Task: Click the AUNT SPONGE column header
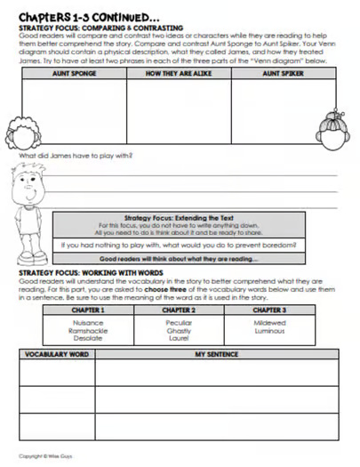(74, 74)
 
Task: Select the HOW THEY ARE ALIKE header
(179, 74)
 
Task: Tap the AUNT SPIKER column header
(284, 74)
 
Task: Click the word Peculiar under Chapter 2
(179, 322)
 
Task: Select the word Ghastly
(179, 330)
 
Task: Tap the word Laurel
(179, 338)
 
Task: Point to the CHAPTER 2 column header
(179, 310)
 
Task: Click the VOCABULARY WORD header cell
(57, 354)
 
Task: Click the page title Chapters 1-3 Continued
(89, 16)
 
